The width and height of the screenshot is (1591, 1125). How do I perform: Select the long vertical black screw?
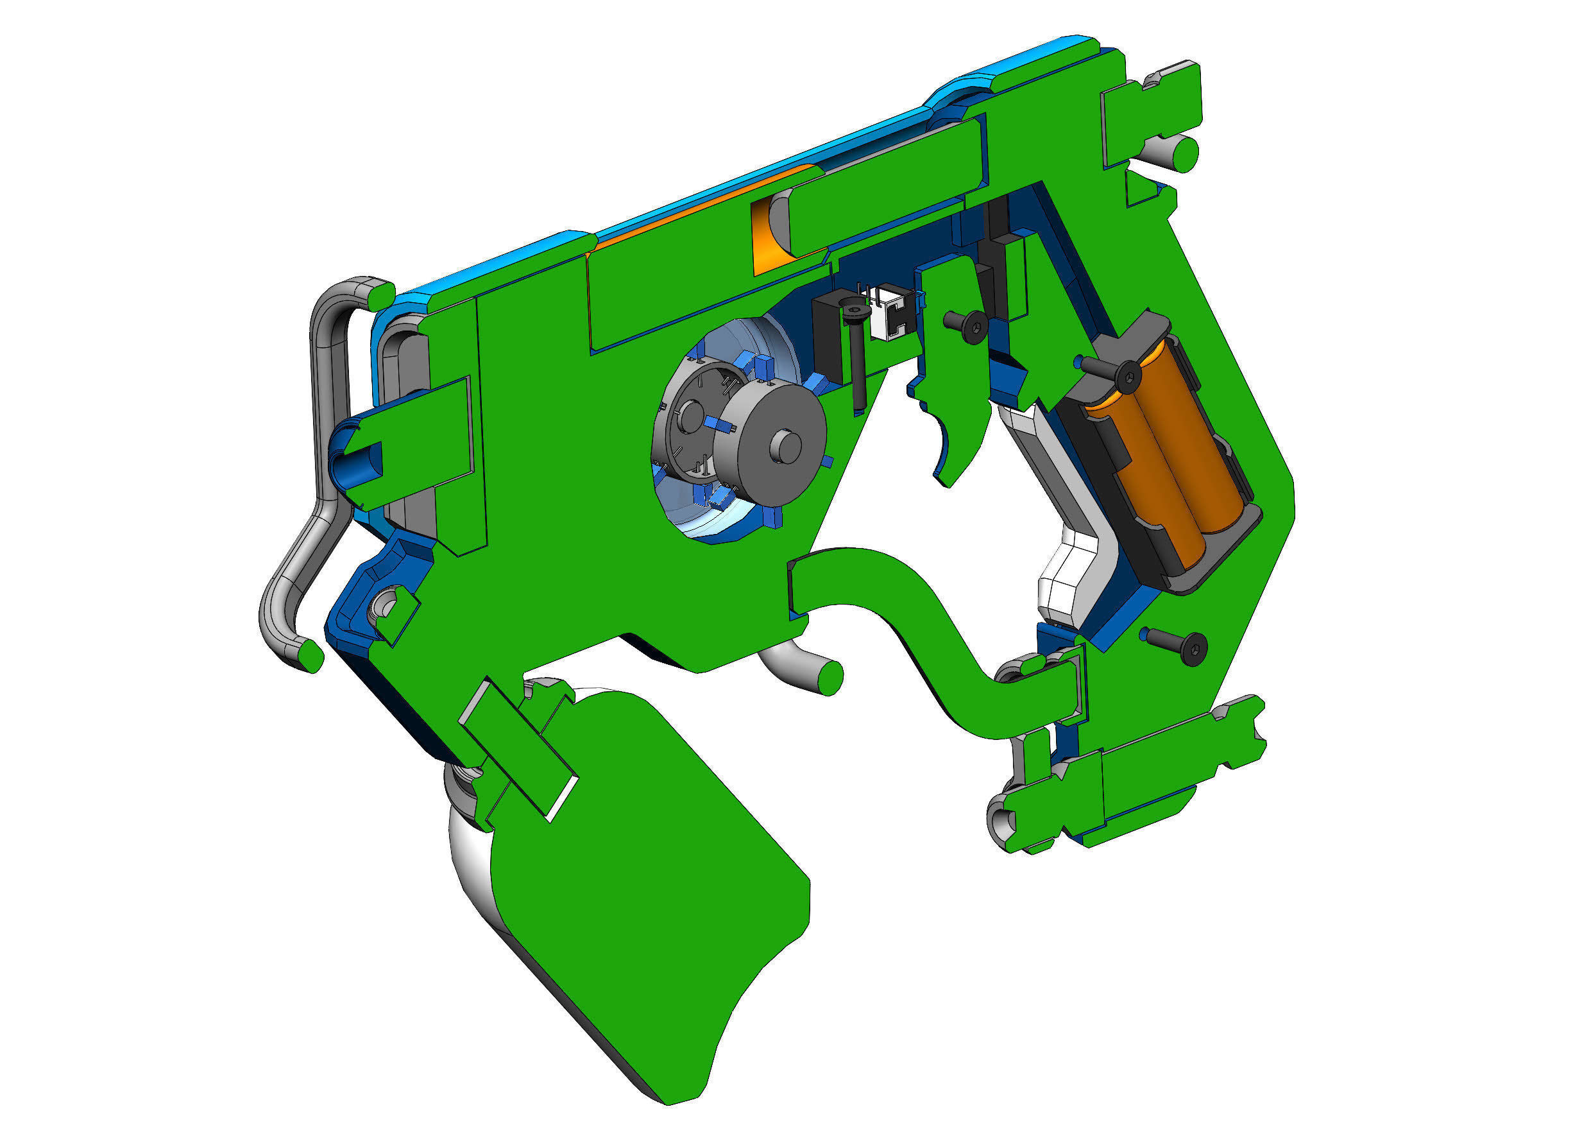856,354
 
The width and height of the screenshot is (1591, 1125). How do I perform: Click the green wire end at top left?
380,296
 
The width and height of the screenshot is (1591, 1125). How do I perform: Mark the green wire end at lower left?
311,655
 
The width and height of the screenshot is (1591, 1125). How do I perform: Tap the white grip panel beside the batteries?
1067,527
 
